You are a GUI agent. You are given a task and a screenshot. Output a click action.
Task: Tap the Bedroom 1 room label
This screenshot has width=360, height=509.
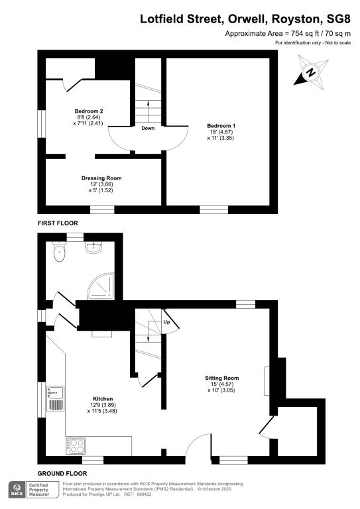tap(221, 125)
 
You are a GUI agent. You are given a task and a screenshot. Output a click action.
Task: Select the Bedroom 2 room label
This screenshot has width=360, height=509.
tap(88, 111)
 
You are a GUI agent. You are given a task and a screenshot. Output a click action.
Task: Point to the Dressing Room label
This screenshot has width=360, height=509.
tap(101, 178)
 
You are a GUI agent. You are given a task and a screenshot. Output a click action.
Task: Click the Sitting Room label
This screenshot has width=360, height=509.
tap(221, 378)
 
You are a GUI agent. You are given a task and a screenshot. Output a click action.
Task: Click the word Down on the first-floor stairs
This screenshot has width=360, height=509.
tap(148, 128)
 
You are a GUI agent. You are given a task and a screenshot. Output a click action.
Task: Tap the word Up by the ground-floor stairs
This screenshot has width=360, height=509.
tap(166, 321)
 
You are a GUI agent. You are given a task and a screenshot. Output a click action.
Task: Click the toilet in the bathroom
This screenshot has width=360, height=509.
tap(61, 252)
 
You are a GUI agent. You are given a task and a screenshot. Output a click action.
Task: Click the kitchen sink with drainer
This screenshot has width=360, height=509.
tap(54, 399)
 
